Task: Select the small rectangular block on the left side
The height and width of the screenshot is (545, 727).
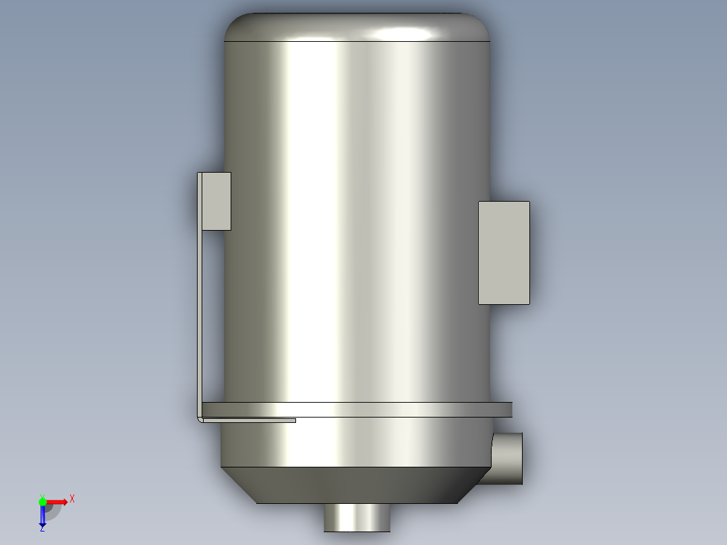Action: (x=216, y=201)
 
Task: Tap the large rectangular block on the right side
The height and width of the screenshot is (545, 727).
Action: (x=503, y=252)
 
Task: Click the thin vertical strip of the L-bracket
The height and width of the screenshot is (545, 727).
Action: (x=200, y=304)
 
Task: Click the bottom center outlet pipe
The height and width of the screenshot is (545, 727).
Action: (x=357, y=517)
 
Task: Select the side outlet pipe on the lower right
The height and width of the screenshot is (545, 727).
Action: (x=509, y=459)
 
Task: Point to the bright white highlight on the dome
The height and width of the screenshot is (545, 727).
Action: (x=405, y=32)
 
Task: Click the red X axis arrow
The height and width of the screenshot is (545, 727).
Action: (x=58, y=502)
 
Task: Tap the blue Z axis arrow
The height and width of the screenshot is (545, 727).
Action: (x=42, y=517)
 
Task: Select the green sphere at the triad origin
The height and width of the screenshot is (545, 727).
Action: (x=42, y=502)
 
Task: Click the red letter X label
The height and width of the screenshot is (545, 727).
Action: (x=72, y=499)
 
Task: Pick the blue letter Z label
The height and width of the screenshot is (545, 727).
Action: (x=42, y=530)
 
